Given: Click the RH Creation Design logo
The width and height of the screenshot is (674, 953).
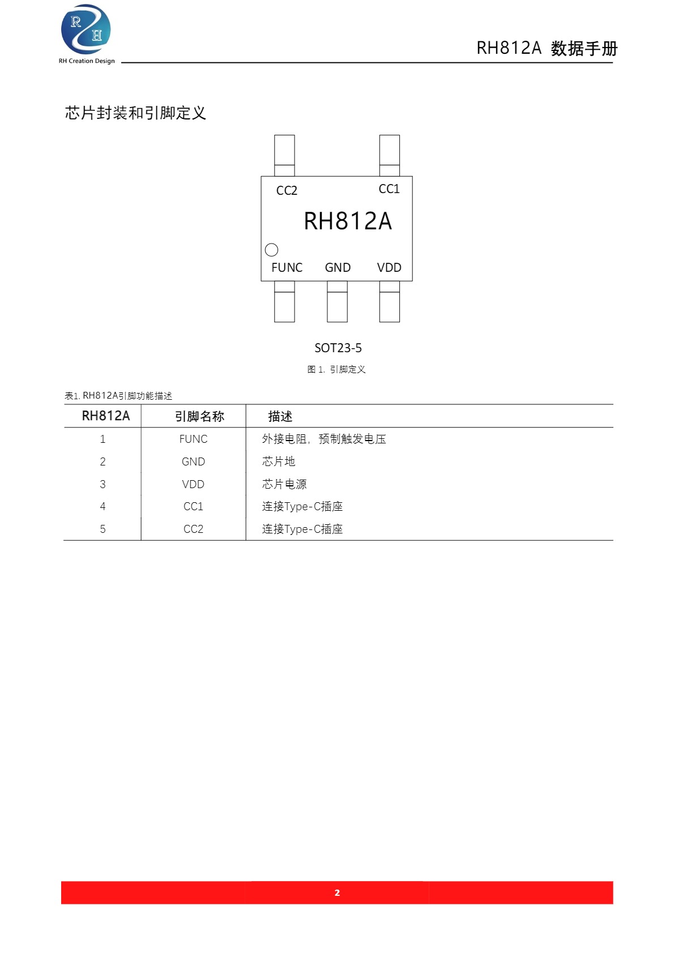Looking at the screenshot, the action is click(87, 34).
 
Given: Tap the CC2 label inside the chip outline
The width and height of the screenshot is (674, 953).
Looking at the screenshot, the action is click(287, 190).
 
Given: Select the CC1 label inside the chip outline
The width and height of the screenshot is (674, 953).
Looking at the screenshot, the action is click(389, 189).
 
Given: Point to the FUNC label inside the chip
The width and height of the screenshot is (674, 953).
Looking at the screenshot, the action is click(287, 267).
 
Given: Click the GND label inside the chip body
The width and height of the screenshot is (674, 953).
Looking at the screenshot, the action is click(338, 267).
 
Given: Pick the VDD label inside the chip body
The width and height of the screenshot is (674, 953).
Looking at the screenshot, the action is click(389, 267).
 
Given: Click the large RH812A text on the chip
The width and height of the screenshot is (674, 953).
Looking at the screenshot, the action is click(348, 221).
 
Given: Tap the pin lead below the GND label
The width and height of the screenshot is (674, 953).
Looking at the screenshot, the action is click(337, 301).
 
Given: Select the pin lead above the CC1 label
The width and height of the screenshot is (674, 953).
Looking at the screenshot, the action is click(389, 155).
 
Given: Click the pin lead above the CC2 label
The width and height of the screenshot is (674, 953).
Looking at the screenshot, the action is click(284, 155).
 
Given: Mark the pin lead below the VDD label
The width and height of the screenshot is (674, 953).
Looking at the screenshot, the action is click(389, 301).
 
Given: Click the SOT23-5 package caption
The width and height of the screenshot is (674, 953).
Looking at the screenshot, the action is click(338, 348).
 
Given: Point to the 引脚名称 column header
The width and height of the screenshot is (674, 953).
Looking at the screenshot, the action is click(199, 416).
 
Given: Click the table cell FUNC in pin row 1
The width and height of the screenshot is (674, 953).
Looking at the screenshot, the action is click(193, 439).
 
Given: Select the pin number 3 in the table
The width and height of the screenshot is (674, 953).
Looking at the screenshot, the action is click(103, 484).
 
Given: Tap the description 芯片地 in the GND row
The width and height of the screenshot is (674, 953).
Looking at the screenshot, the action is click(278, 461).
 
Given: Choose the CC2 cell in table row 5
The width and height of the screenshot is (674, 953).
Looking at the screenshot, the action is click(193, 529).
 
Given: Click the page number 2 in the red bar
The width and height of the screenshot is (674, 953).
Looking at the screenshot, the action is click(337, 892).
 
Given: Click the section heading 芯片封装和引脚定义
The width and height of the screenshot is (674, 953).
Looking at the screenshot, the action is click(135, 113).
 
